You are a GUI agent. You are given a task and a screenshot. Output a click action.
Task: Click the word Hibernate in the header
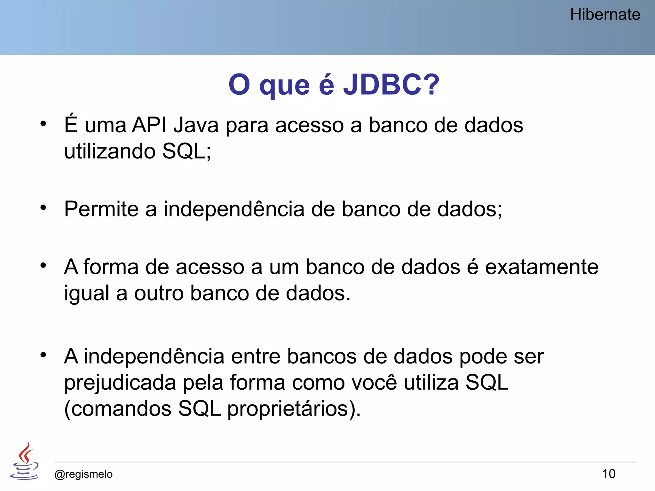[x=605, y=15]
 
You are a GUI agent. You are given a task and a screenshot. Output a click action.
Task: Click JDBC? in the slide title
[x=391, y=85]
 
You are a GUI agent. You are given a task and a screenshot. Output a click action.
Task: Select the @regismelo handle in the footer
[x=83, y=474]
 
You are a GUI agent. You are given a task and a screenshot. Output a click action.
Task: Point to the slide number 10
[x=609, y=474]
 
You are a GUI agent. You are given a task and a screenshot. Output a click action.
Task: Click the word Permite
[x=101, y=209]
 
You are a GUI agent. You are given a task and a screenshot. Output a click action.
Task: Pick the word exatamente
[x=541, y=267]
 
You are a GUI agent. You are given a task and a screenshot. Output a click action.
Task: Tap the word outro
[x=159, y=293]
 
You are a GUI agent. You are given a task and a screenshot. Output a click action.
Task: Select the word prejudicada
[x=120, y=383]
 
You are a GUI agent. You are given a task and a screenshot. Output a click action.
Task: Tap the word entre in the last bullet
[x=256, y=356]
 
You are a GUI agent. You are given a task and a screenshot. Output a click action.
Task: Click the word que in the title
[x=284, y=86]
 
